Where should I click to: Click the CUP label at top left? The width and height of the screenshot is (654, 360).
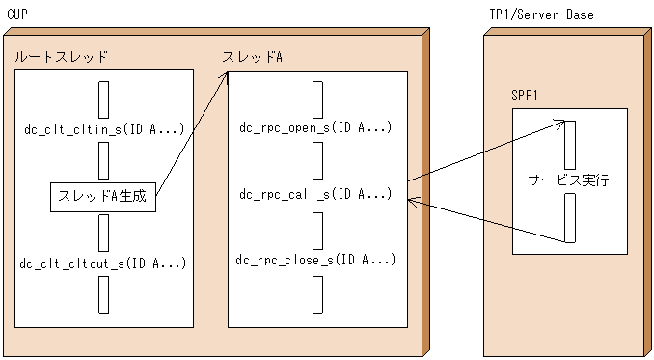click(17, 14)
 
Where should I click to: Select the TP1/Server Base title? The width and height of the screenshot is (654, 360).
click(541, 14)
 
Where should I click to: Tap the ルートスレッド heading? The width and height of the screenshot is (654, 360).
click(61, 57)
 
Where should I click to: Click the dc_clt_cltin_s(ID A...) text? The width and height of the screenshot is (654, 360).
click(103, 127)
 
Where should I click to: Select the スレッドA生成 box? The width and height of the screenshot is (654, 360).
click(103, 196)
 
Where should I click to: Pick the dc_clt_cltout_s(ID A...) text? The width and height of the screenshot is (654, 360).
click(103, 263)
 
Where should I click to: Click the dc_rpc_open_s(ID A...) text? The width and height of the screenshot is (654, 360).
click(317, 127)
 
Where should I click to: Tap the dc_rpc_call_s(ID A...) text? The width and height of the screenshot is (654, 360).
click(315, 194)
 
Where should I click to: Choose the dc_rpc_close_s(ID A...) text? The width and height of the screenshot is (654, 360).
click(316, 260)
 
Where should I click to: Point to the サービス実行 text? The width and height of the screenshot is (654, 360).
click(569, 180)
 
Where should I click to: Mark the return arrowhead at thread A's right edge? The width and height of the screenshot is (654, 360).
click(412, 200)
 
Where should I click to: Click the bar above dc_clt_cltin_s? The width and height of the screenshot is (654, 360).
click(103, 99)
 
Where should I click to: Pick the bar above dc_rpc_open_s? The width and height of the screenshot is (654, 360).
click(317, 99)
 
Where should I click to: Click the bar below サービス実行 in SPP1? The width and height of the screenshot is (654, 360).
click(569, 217)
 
